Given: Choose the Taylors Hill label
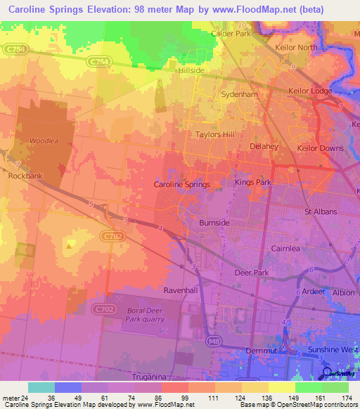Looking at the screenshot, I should point(214,134).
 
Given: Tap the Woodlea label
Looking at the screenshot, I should point(44,141).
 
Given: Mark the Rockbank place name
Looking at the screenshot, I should point(22,176).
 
